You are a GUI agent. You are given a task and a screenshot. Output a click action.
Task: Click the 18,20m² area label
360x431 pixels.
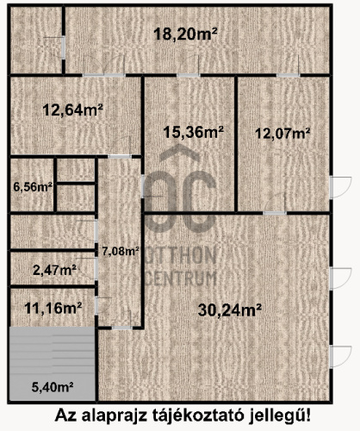pyautogui.click(x=185, y=34)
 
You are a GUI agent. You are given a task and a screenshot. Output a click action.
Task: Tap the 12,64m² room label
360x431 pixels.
pyautogui.click(x=73, y=110)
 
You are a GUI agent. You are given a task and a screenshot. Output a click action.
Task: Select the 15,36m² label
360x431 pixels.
pyautogui.click(x=193, y=132)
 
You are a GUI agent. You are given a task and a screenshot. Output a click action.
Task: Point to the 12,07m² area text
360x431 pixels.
pyautogui.click(x=282, y=134)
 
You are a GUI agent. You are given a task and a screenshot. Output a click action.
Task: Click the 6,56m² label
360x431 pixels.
pyautogui.click(x=33, y=187)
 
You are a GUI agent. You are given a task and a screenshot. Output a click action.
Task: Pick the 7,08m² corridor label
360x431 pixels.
pyautogui.click(x=121, y=252)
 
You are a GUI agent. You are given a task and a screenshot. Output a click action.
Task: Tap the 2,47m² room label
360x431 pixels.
pyautogui.click(x=55, y=270)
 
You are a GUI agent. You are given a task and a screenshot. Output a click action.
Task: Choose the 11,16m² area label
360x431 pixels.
pyautogui.click(x=53, y=309)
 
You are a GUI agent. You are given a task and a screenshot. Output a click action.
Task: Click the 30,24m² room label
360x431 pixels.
pyautogui.click(x=230, y=310)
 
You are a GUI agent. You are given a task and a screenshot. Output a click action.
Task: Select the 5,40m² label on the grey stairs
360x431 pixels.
pyautogui.click(x=53, y=387)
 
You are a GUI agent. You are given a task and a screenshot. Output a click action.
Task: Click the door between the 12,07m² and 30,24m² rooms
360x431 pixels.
pyautogui.click(x=275, y=213)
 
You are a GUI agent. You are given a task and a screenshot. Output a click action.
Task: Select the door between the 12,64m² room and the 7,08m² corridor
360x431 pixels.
pyautogui.click(x=120, y=156)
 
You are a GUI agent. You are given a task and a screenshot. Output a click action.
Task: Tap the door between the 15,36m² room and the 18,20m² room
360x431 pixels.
pyautogui.click(x=189, y=75)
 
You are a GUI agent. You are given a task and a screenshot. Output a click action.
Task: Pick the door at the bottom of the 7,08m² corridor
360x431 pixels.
pyautogui.click(x=121, y=328)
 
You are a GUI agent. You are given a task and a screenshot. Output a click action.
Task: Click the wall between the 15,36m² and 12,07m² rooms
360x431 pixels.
pyautogui.click(x=236, y=145)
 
